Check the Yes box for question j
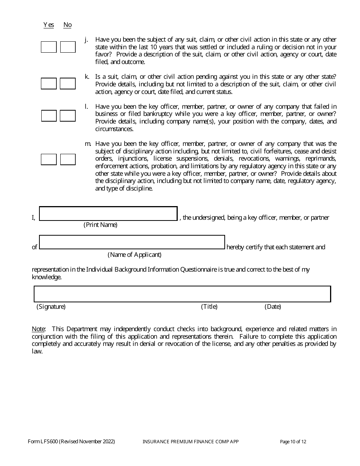49,47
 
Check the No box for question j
68,47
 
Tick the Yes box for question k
49,84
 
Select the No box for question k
68,84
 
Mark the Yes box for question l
49,116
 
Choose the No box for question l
68,116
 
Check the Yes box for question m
49,160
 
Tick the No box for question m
68,160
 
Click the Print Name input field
108,214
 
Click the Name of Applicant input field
132,242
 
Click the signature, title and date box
182,294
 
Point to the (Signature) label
51,307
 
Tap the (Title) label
209,307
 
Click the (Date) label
273,307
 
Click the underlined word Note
38,329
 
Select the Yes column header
49,25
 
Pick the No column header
67,25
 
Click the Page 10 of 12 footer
293,442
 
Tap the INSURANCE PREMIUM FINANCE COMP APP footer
191,442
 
